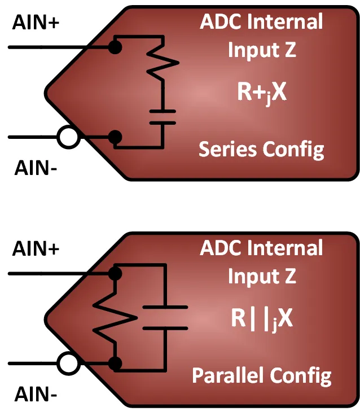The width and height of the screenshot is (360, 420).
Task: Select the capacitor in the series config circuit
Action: (x=162, y=117)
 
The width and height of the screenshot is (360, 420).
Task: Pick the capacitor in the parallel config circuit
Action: (x=164, y=317)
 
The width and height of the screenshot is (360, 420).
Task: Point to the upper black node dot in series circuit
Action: (x=115, y=46)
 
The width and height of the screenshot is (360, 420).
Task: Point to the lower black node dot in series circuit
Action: (x=115, y=137)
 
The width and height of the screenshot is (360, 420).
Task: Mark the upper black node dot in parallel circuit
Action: (x=115, y=274)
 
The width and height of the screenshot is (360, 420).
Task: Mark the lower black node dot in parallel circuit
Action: (x=115, y=363)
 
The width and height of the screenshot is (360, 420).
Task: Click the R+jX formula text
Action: (x=262, y=93)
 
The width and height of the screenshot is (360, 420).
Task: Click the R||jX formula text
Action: (x=262, y=319)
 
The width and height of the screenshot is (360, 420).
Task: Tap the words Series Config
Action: (x=261, y=150)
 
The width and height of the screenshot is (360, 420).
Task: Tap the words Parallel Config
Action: (x=261, y=375)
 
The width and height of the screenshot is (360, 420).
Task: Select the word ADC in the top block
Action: (x=219, y=23)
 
